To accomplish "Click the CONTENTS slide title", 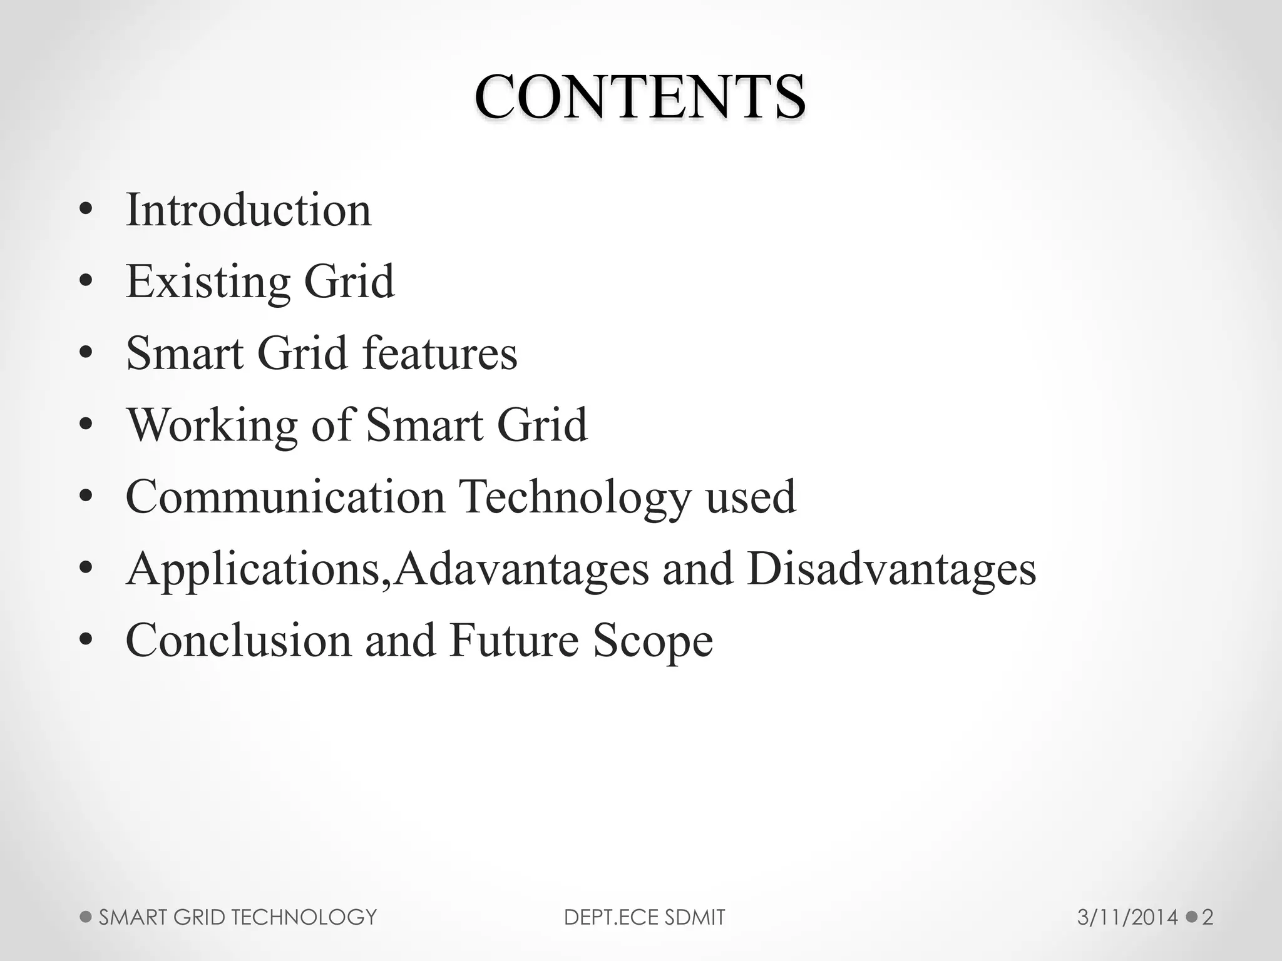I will click(640, 97).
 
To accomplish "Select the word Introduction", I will click(249, 210).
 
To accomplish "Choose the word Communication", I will click(285, 497).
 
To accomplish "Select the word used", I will click(751, 497).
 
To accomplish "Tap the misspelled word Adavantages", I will click(521, 570).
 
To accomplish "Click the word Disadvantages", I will click(891, 570).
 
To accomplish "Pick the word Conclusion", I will click(238, 641).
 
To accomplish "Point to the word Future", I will click(513, 641).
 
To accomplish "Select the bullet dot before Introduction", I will click(86, 211).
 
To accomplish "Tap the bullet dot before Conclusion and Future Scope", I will click(86, 641).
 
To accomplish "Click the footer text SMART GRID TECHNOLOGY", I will click(238, 918).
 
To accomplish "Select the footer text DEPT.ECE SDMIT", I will click(644, 918).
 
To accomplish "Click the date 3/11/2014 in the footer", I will click(1127, 918).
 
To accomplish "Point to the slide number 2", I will click(1208, 918).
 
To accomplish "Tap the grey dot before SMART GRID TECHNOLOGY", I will click(86, 917).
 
